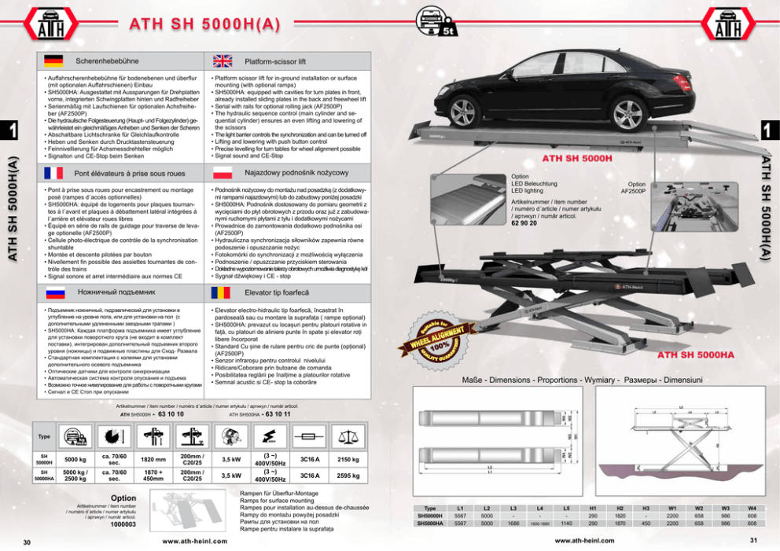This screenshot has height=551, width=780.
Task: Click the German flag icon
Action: (53, 61)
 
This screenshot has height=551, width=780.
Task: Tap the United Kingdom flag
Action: (223, 61)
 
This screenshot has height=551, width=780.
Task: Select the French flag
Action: (53, 173)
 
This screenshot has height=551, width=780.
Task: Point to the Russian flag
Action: (53, 292)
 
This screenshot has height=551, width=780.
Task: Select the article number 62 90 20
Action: (524, 223)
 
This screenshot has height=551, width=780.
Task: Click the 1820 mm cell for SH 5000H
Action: (153, 459)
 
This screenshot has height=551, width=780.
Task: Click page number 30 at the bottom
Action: (26, 542)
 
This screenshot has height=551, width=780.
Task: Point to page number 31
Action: (752, 539)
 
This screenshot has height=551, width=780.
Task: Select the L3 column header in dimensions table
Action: (513, 509)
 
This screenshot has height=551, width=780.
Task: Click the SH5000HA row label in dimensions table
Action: (430, 523)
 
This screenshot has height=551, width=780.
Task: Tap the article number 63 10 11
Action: (278, 413)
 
